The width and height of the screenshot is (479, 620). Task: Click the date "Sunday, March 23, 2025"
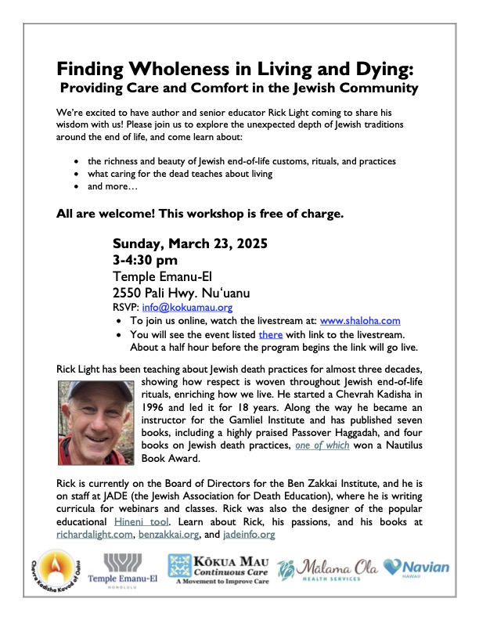[x=190, y=243]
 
